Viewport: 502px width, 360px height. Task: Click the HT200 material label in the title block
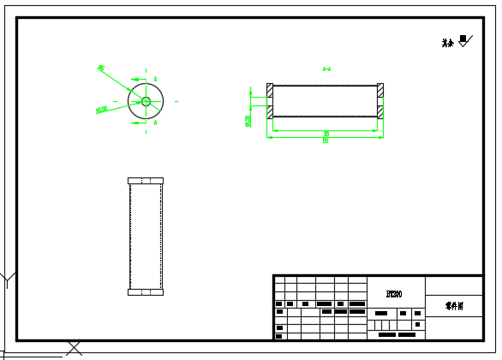(x=394, y=294)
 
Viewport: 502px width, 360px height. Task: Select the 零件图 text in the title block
(x=454, y=305)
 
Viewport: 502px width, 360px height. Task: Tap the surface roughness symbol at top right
(x=464, y=39)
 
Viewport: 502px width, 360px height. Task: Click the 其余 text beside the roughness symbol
(x=447, y=43)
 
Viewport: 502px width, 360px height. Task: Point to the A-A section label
(x=326, y=69)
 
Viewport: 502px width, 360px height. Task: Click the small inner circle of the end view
(x=146, y=101)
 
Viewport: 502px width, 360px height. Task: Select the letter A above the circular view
(x=156, y=80)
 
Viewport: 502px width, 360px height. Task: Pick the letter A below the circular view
(x=155, y=123)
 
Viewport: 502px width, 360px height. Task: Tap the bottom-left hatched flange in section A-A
(x=270, y=112)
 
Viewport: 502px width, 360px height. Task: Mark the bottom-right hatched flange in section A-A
(x=380, y=112)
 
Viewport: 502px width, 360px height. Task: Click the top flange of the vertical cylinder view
(x=146, y=181)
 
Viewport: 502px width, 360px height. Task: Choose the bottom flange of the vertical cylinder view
(x=146, y=292)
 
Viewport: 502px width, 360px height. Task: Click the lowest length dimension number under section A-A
(x=326, y=141)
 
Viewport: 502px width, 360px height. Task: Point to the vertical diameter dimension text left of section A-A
(x=248, y=121)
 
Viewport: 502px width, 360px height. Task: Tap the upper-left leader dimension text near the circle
(x=101, y=68)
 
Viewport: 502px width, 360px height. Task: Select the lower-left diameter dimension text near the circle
(x=101, y=110)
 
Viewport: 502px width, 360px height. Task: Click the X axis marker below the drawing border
(x=75, y=348)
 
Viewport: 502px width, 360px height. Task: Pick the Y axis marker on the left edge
(x=7, y=279)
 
